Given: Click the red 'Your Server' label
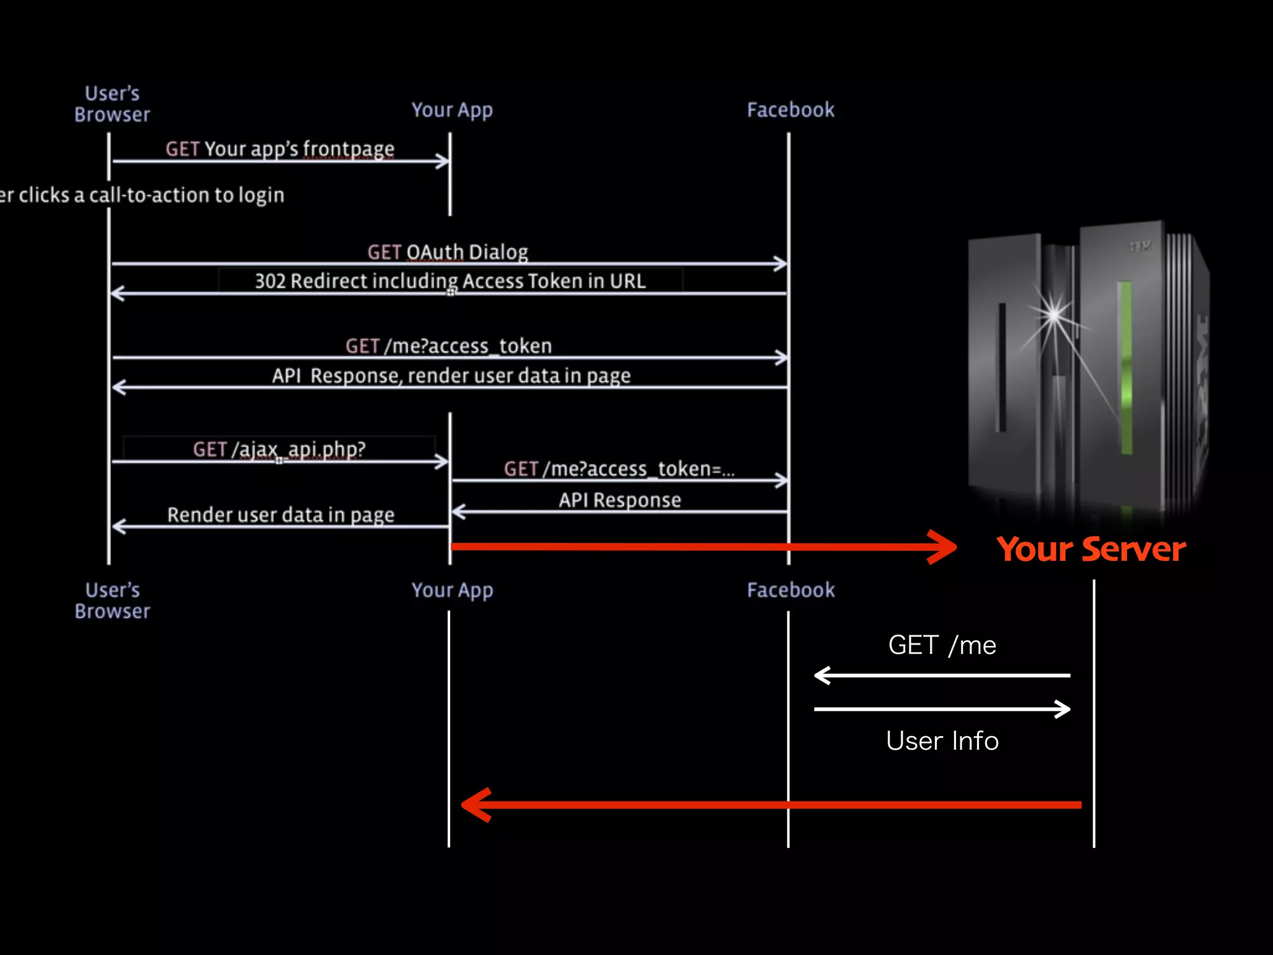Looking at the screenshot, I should pos(1091,550).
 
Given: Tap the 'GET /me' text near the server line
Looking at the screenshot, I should pos(942,645).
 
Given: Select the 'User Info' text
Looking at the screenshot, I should pos(942,741).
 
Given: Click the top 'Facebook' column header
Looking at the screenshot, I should pos(790,110).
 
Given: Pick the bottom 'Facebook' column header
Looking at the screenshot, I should pos(790,590).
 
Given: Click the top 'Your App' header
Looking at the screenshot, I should pos(452,111).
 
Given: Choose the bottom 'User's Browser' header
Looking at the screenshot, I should pos(113,601).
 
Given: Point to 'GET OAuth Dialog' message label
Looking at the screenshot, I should pos(448,252).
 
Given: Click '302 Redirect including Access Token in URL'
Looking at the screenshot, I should pos(450,281).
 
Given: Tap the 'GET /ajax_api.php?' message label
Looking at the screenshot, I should pos(279,449).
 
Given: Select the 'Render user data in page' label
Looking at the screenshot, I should pos(280,515).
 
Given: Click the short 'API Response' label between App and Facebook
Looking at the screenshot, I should pos(620,500).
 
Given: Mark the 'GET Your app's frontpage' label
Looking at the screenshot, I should pos(280,149).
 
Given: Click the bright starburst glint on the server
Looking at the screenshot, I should pos(1054,314).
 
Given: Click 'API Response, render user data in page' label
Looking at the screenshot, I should pos(451,376).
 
